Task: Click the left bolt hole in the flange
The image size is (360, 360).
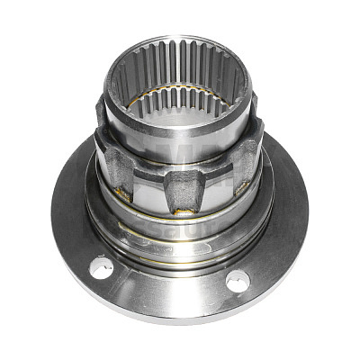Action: coord(101,267)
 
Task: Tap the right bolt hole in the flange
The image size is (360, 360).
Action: coord(237,281)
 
